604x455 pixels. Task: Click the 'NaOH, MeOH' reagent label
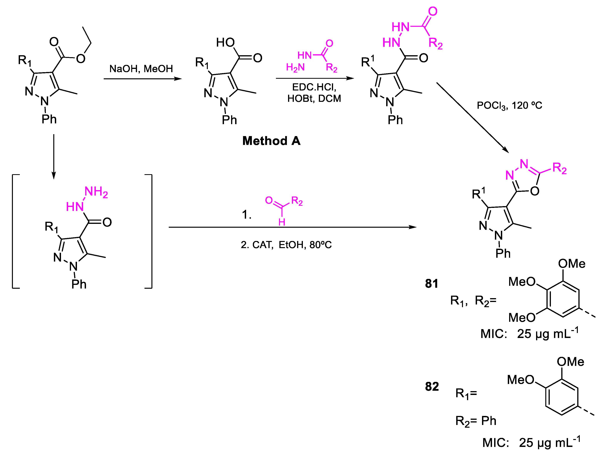(x=141, y=69)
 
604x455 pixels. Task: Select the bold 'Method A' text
(x=272, y=141)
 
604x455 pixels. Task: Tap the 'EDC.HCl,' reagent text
(x=314, y=87)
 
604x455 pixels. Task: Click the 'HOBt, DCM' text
(x=314, y=98)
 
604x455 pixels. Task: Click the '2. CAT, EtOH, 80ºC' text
(x=286, y=245)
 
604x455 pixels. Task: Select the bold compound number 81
(x=431, y=284)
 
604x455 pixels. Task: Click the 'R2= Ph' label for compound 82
(x=476, y=421)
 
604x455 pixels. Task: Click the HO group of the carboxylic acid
(x=225, y=43)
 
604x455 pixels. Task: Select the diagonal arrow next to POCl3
(x=472, y=117)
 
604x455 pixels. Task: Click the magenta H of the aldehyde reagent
(x=282, y=222)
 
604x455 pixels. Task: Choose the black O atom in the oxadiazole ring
(x=535, y=191)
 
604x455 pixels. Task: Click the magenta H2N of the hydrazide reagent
(x=295, y=67)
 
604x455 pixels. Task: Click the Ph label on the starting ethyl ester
(x=49, y=119)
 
